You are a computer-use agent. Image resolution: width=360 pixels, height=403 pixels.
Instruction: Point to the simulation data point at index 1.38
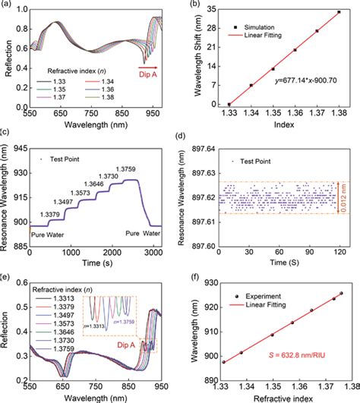(x=339, y=12)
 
